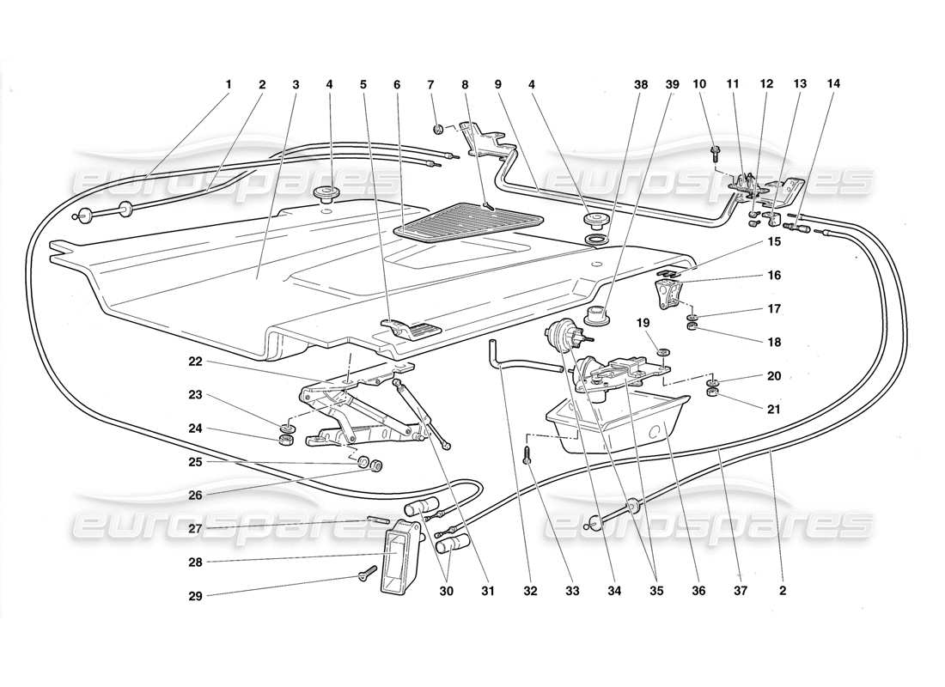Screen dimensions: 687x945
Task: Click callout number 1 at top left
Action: pyautogui.click(x=229, y=84)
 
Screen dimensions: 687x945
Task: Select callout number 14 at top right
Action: pyautogui.click(x=834, y=84)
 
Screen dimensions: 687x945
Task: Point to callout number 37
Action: pyautogui.click(x=741, y=591)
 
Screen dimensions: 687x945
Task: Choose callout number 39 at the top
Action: pyautogui.click(x=672, y=84)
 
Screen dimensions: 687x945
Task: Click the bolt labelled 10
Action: pyautogui.click(x=716, y=155)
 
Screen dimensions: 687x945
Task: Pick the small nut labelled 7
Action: pyautogui.click(x=438, y=130)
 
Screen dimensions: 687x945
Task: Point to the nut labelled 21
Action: pyautogui.click(x=712, y=394)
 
